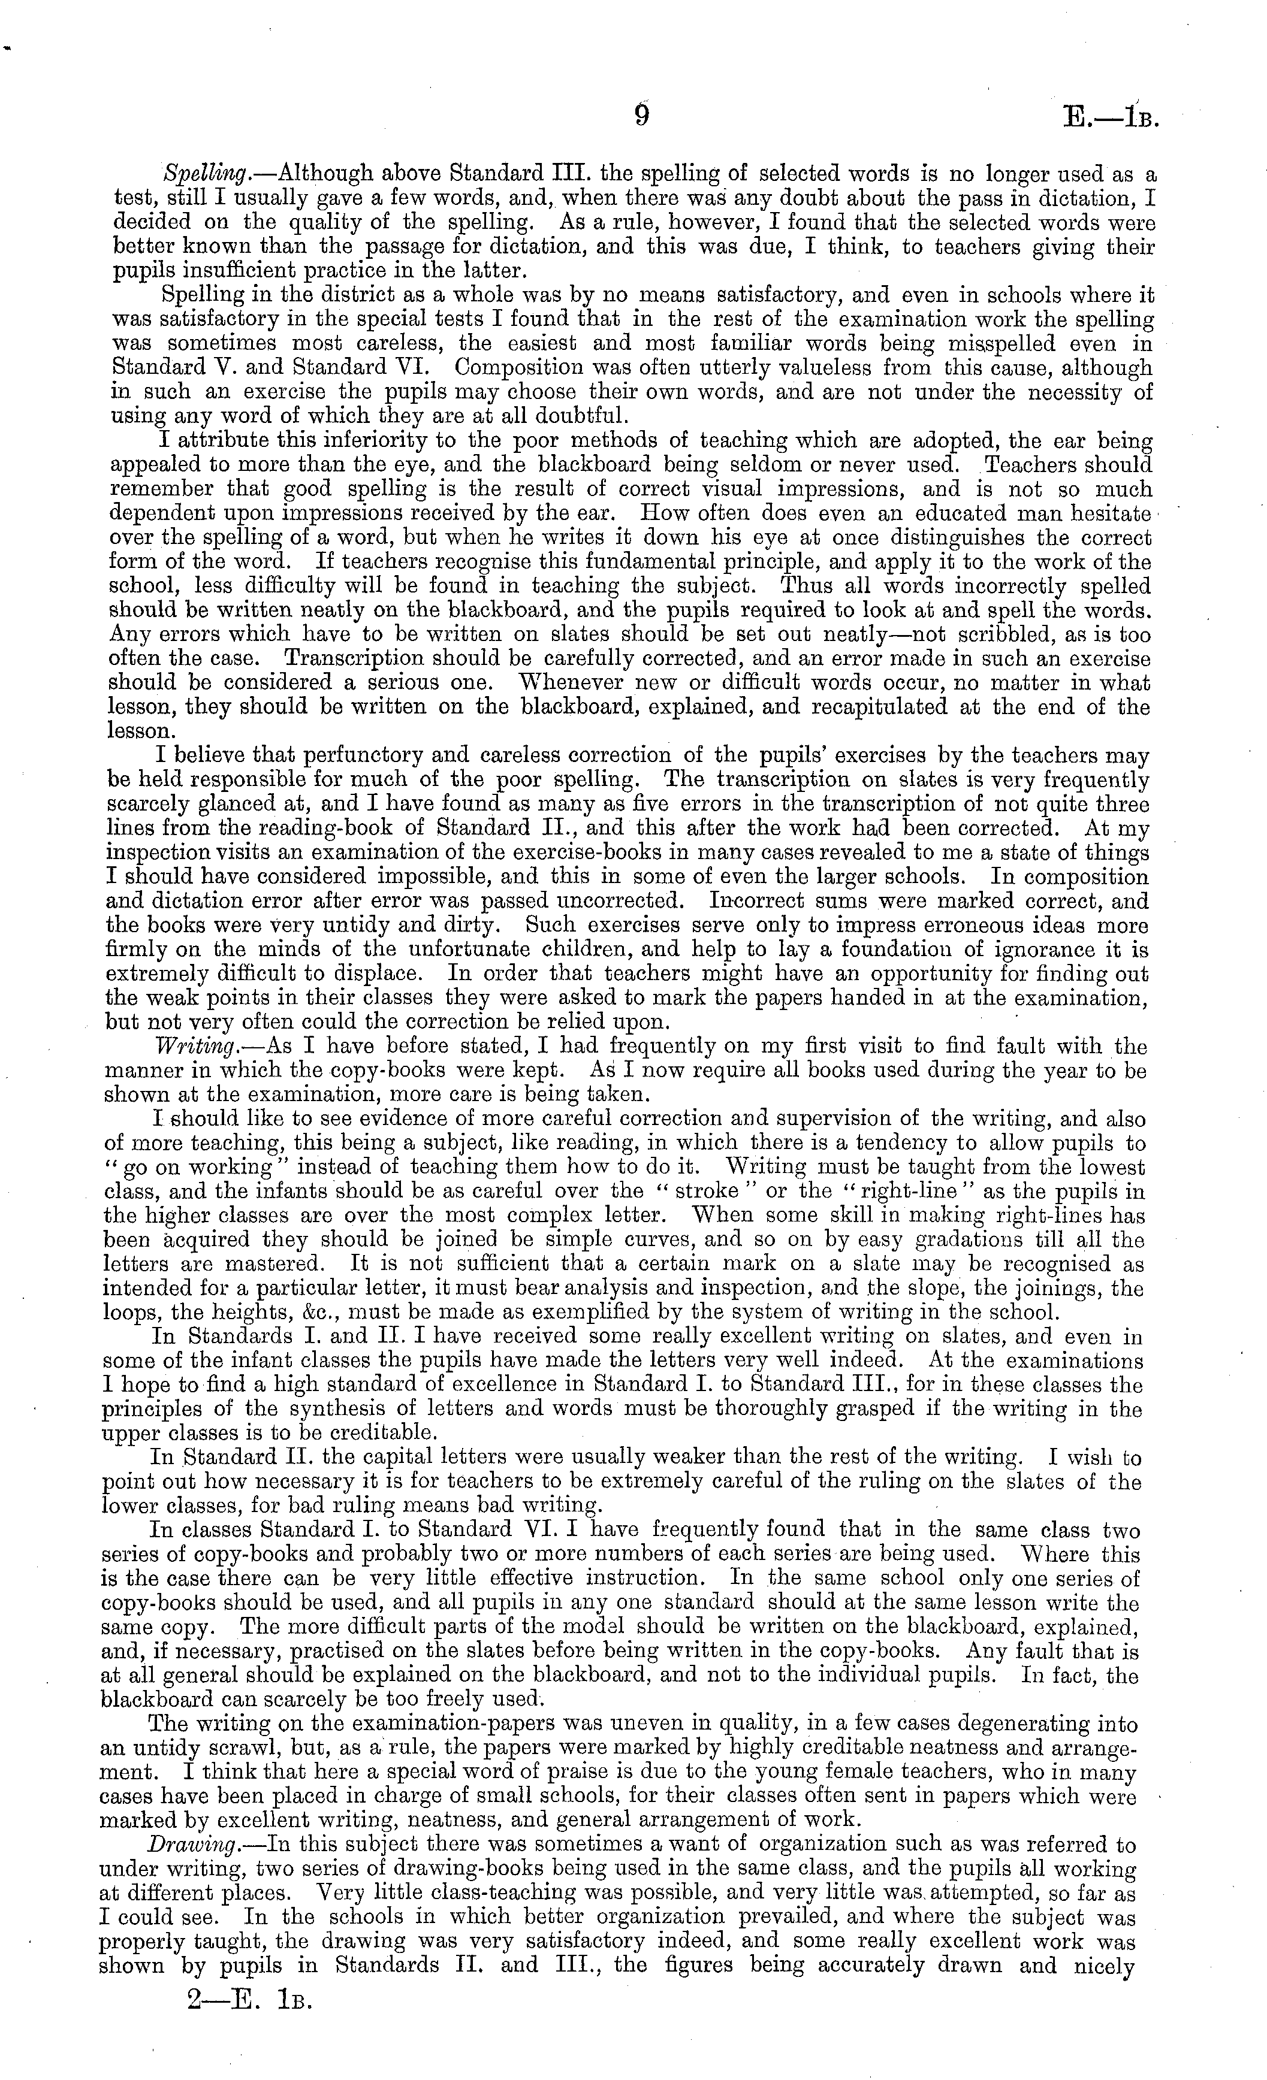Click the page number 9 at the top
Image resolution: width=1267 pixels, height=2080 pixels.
click(641, 116)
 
